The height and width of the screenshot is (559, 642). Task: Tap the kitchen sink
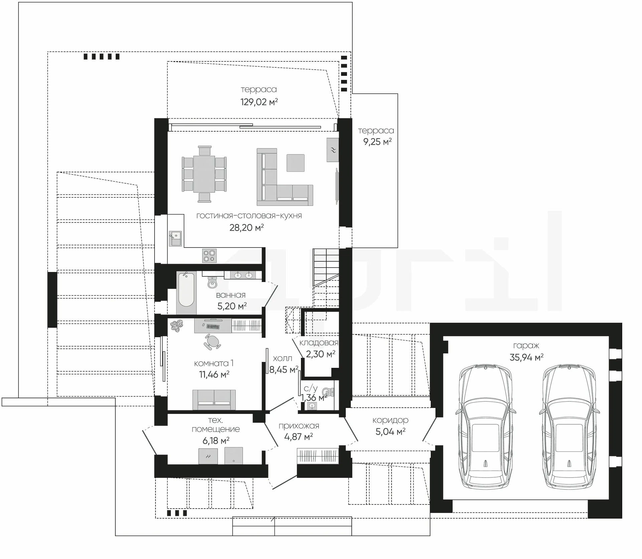[175, 238]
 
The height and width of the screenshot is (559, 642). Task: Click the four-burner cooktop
[209, 256]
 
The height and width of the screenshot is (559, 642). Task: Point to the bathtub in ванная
[186, 289]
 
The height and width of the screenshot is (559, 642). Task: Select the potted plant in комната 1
[176, 325]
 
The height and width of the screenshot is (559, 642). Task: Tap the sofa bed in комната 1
[214, 400]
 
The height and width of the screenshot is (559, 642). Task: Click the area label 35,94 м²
[526, 358]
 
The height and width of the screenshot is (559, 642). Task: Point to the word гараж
[526, 346]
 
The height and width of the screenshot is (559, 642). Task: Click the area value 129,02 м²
[259, 102]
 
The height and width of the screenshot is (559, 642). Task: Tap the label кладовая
[319, 343]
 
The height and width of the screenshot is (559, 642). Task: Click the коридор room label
[391, 420]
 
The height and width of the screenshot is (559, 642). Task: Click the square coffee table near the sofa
[296, 163]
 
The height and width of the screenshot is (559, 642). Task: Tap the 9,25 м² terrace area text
[378, 142]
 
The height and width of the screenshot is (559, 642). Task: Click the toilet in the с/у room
[329, 391]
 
